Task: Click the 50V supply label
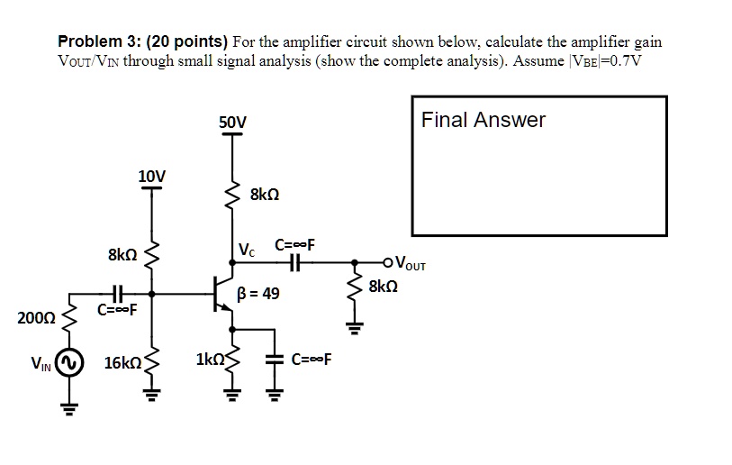[x=232, y=122]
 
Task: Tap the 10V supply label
[x=151, y=175]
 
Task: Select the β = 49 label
[x=258, y=294]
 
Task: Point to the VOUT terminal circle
[x=388, y=264]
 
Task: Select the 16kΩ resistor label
[x=122, y=363]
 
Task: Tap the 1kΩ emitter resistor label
[x=209, y=360]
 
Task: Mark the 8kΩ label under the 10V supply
[x=122, y=255]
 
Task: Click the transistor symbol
[x=223, y=294]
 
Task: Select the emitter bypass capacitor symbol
[x=276, y=358]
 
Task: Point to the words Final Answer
[x=483, y=120]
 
